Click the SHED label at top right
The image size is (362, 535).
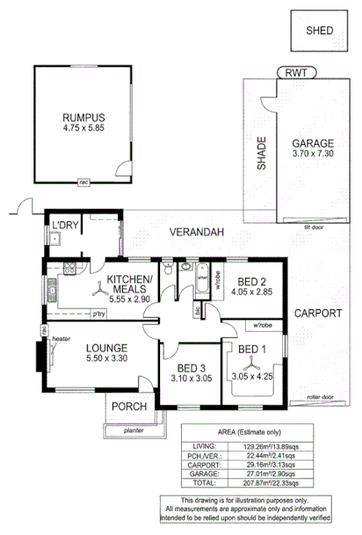pos(319,30)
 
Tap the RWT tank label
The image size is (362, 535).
pos(291,73)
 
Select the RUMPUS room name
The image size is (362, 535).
pos(83,118)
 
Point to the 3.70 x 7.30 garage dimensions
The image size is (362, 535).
pos(314,154)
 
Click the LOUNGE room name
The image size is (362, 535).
pos(90,348)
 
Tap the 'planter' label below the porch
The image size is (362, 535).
pos(134,430)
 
